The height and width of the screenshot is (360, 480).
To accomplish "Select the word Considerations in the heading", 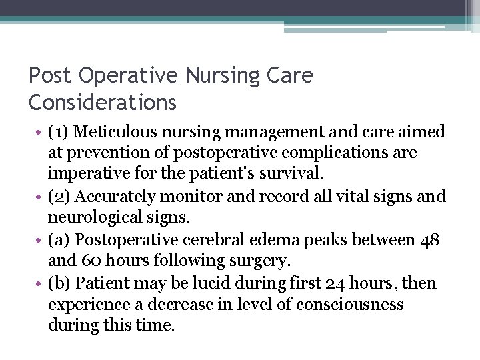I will click(x=103, y=103).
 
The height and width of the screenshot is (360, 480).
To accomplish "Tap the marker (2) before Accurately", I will click(x=60, y=197).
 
